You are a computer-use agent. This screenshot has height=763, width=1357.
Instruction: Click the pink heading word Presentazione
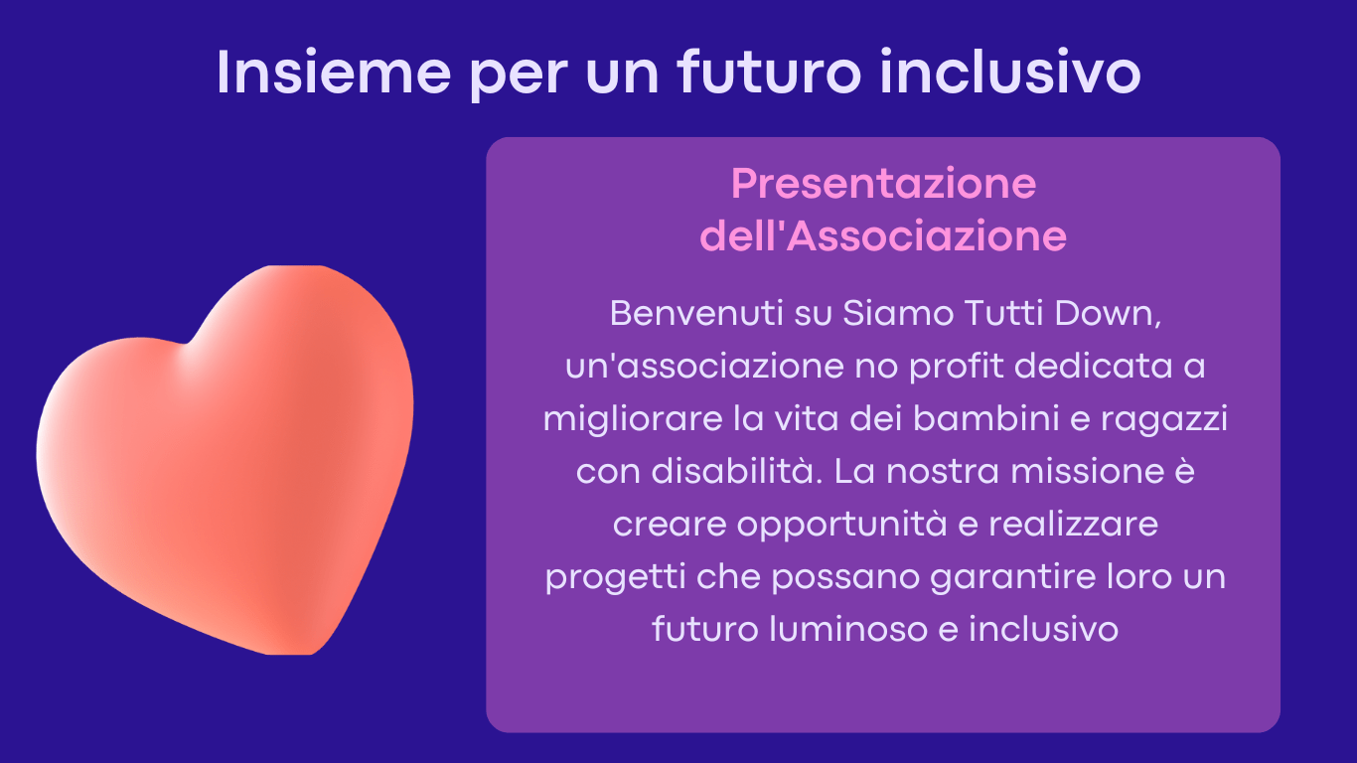coord(883,183)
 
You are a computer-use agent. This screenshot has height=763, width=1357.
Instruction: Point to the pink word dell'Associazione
coord(883,236)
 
